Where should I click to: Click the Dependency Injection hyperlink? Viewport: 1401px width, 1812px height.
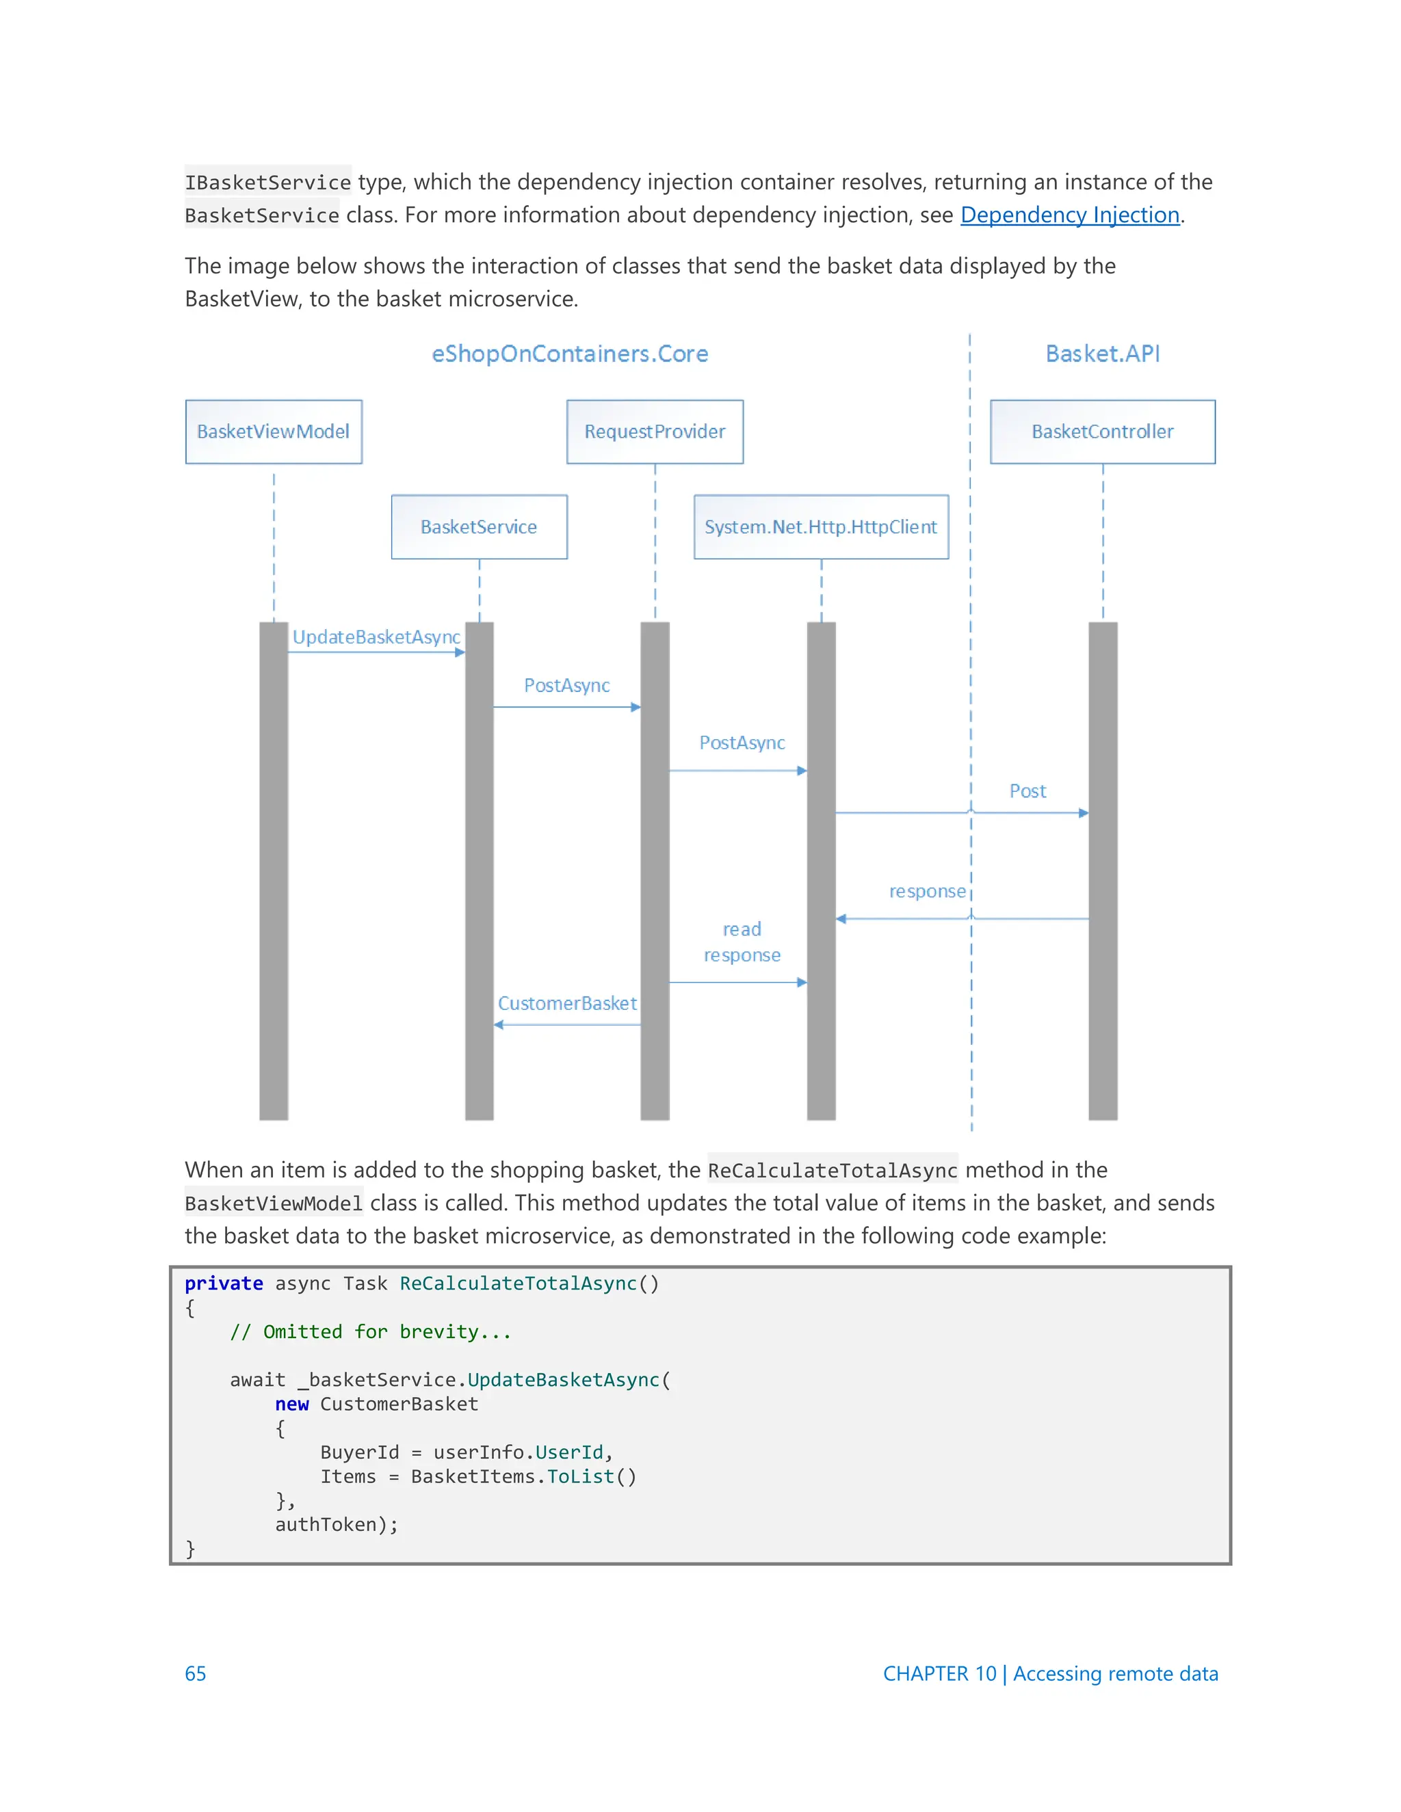[x=1069, y=215]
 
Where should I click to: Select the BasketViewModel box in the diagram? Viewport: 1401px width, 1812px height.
[x=273, y=431]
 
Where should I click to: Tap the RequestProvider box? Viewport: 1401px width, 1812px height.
[x=654, y=431]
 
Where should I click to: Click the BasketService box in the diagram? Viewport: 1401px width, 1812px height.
[x=479, y=527]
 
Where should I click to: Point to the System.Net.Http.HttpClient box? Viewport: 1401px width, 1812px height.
[x=820, y=527]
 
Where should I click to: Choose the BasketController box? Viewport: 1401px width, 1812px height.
[x=1101, y=431]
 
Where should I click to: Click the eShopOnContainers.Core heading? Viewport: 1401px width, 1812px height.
[x=569, y=354]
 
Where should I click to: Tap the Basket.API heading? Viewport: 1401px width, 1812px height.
[x=1102, y=354]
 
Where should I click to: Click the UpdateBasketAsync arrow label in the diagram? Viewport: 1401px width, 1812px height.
[x=376, y=637]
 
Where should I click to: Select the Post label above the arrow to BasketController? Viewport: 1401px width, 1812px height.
[x=1027, y=792]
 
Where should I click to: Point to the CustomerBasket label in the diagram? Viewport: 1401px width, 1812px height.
[x=567, y=1004]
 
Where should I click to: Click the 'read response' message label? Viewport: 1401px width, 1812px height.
[x=742, y=942]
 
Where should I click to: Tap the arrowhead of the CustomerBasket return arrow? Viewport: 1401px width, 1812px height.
[x=499, y=1025]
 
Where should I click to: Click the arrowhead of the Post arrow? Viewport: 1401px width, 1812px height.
[x=1083, y=813]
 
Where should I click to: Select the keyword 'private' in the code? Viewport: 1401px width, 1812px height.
[x=223, y=1283]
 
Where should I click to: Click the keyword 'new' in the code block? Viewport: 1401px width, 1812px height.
[x=291, y=1404]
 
